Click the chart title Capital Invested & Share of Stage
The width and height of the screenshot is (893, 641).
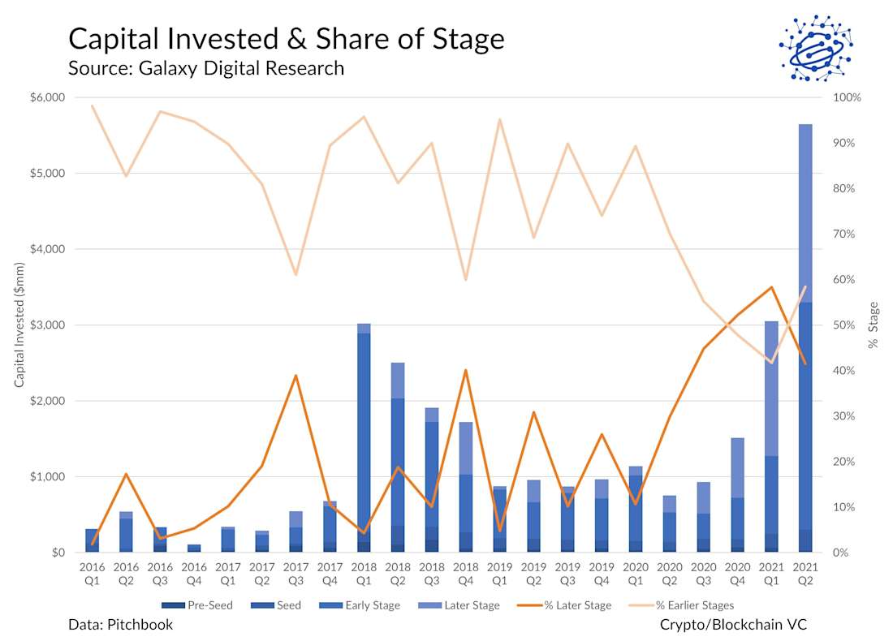[x=287, y=39]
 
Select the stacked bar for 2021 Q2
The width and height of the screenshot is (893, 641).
[x=805, y=341]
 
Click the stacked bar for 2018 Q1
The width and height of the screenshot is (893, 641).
[x=364, y=438]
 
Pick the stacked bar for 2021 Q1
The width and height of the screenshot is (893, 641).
[x=771, y=438]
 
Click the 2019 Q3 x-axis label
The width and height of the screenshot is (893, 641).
[x=567, y=574]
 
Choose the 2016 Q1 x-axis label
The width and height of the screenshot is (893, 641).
[x=93, y=574]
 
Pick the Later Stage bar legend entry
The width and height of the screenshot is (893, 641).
[x=466, y=605]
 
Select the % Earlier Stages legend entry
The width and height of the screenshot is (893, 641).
[x=685, y=605]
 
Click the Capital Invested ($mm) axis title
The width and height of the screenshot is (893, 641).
[x=19, y=325]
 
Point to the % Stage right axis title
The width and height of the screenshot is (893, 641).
[x=874, y=325]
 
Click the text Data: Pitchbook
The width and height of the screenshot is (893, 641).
[x=121, y=625]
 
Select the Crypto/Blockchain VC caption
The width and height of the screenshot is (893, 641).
[x=733, y=625]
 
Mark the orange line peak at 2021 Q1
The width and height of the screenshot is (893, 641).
[x=771, y=287]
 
